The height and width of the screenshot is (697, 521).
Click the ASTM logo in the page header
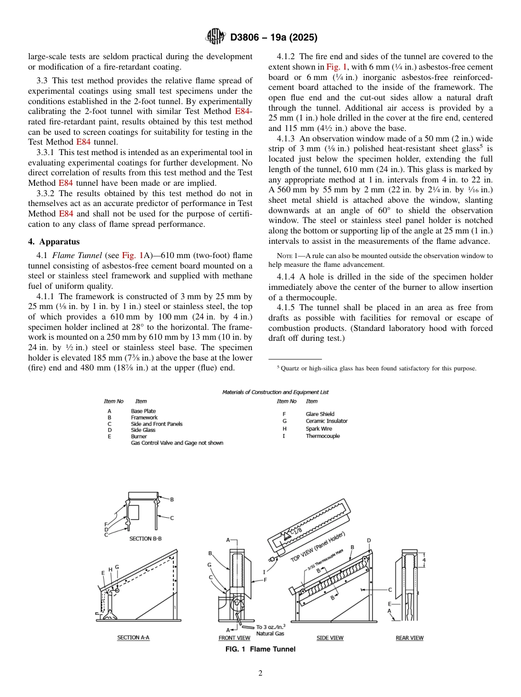(x=215, y=37)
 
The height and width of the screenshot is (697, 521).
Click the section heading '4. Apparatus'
(x=54, y=242)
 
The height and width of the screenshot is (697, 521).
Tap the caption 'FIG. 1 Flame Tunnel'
(x=260, y=649)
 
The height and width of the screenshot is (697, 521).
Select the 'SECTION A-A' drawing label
(x=133, y=638)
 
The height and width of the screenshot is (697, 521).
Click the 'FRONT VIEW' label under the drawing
(x=234, y=638)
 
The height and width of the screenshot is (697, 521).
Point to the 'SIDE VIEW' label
(x=330, y=638)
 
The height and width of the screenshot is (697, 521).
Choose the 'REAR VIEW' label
(x=410, y=638)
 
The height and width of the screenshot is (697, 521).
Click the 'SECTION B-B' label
(x=145, y=539)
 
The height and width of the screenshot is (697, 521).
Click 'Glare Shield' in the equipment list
(x=320, y=414)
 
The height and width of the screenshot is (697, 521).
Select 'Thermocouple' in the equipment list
(x=322, y=436)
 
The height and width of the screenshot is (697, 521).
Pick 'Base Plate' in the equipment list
(x=143, y=411)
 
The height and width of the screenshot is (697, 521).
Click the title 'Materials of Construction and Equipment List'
(x=275, y=392)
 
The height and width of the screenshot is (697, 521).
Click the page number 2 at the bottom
(x=260, y=673)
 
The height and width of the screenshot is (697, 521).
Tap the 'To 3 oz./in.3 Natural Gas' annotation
(x=270, y=630)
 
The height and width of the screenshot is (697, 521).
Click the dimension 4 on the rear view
(x=424, y=560)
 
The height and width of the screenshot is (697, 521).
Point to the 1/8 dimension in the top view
(x=296, y=531)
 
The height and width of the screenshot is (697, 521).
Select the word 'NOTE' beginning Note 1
(x=285, y=256)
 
